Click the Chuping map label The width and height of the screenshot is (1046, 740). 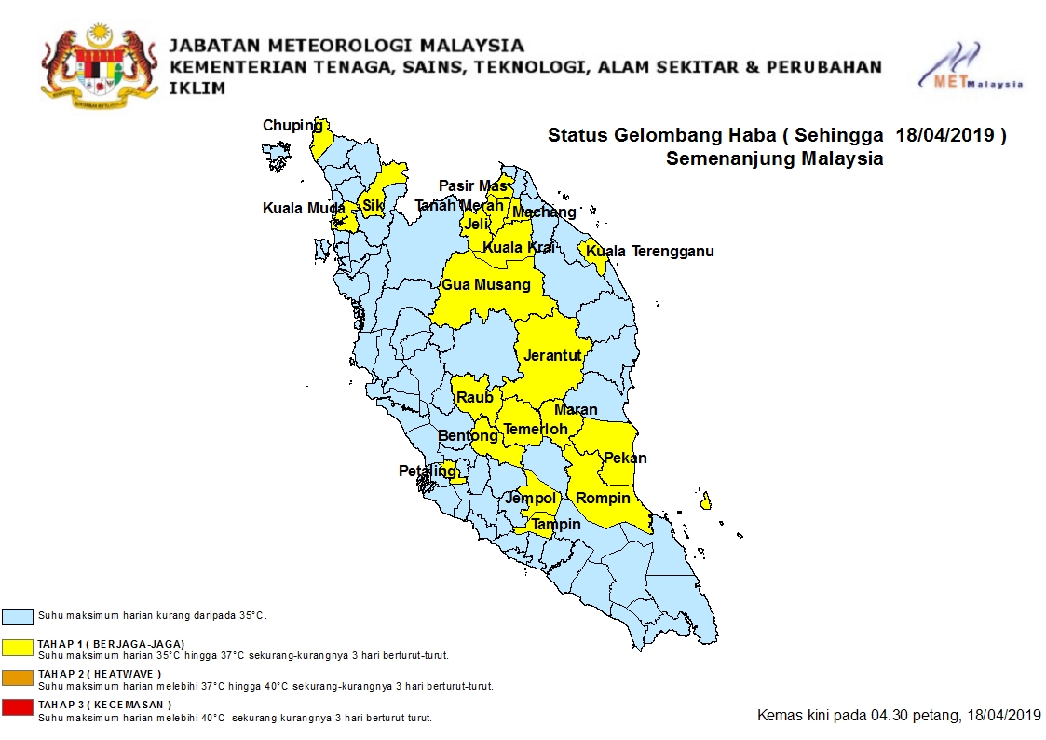tap(292, 126)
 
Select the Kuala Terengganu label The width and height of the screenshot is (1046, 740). tap(650, 252)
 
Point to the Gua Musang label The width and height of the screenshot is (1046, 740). tap(486, 285)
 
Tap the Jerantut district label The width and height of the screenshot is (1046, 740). tap(552, 356)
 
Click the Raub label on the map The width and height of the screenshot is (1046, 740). tap(475, 398)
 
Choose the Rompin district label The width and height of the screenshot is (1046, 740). tap(603, 499)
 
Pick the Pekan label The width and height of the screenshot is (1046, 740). tap(625, 459)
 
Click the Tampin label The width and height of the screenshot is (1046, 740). tap(556, 525)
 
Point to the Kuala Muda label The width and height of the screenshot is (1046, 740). tap(297, 209)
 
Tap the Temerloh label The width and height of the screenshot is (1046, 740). tap(536, 430)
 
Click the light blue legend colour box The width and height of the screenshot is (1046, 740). tap(18, 616)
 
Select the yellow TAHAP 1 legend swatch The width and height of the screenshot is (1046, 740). tap(18, 648)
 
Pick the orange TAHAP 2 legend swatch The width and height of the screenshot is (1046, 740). tap(18, 678)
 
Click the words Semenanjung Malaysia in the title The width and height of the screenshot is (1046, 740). tap(774, 158)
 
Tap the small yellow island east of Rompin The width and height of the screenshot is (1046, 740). tap(706, 502)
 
